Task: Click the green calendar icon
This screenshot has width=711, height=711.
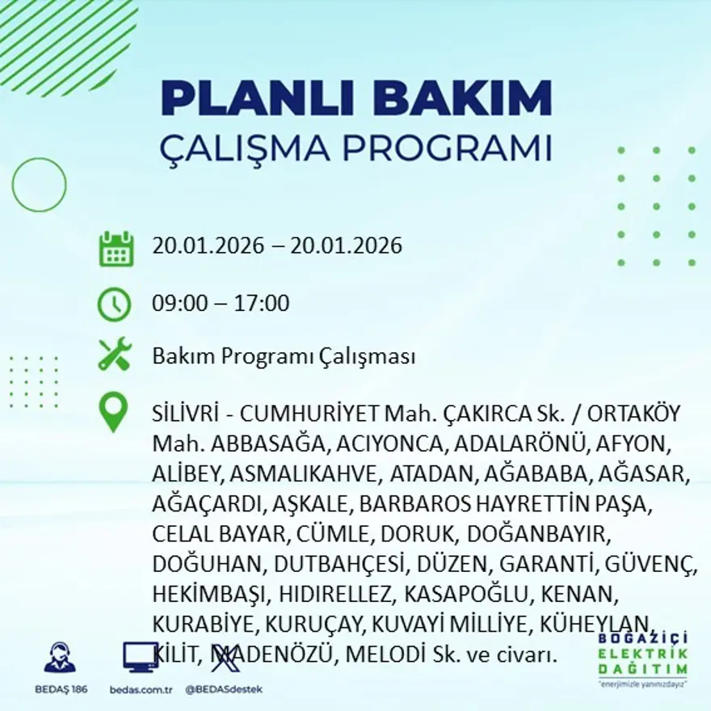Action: coord(116,249)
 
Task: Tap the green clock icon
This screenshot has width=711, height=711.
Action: coord(114,305)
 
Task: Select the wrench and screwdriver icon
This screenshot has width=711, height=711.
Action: coord(114,355)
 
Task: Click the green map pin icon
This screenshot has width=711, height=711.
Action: coord(113,412)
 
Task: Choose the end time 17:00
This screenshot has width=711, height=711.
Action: coord(262,304)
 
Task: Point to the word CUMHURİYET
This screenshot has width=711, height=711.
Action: coord(307,414)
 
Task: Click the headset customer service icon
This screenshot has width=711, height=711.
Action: coord(60,658)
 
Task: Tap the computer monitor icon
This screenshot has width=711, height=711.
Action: coord(140,657)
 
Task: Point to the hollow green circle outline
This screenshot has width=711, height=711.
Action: coord(39,185)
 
